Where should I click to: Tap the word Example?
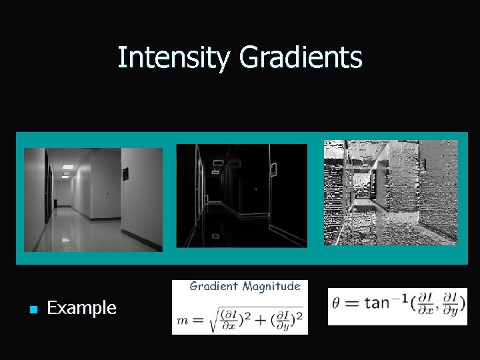[x=82, y=308]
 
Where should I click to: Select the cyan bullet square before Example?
[x=31, y=309]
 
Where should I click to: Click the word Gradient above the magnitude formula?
[x=214, y=287]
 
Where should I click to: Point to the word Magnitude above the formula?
[x=271, y=287]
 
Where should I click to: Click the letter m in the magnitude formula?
[x=181, y=321]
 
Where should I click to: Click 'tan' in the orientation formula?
[x=377, y=303]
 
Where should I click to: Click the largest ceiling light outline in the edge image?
[x=219, y=162]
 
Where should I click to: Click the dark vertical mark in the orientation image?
[x=424, y=163]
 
